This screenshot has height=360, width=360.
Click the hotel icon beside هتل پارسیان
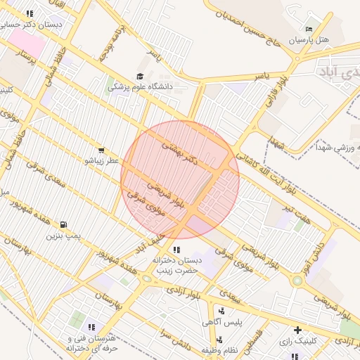point(309,30)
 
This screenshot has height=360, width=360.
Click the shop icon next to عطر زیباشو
point(102,150)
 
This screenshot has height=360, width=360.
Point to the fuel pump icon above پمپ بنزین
point(64,225)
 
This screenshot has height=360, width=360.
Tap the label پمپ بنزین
point(60,236)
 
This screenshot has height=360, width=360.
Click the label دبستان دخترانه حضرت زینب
point(177,264)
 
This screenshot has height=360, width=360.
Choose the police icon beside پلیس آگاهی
point(222,311)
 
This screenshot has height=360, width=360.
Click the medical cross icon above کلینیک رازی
point(298,329)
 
